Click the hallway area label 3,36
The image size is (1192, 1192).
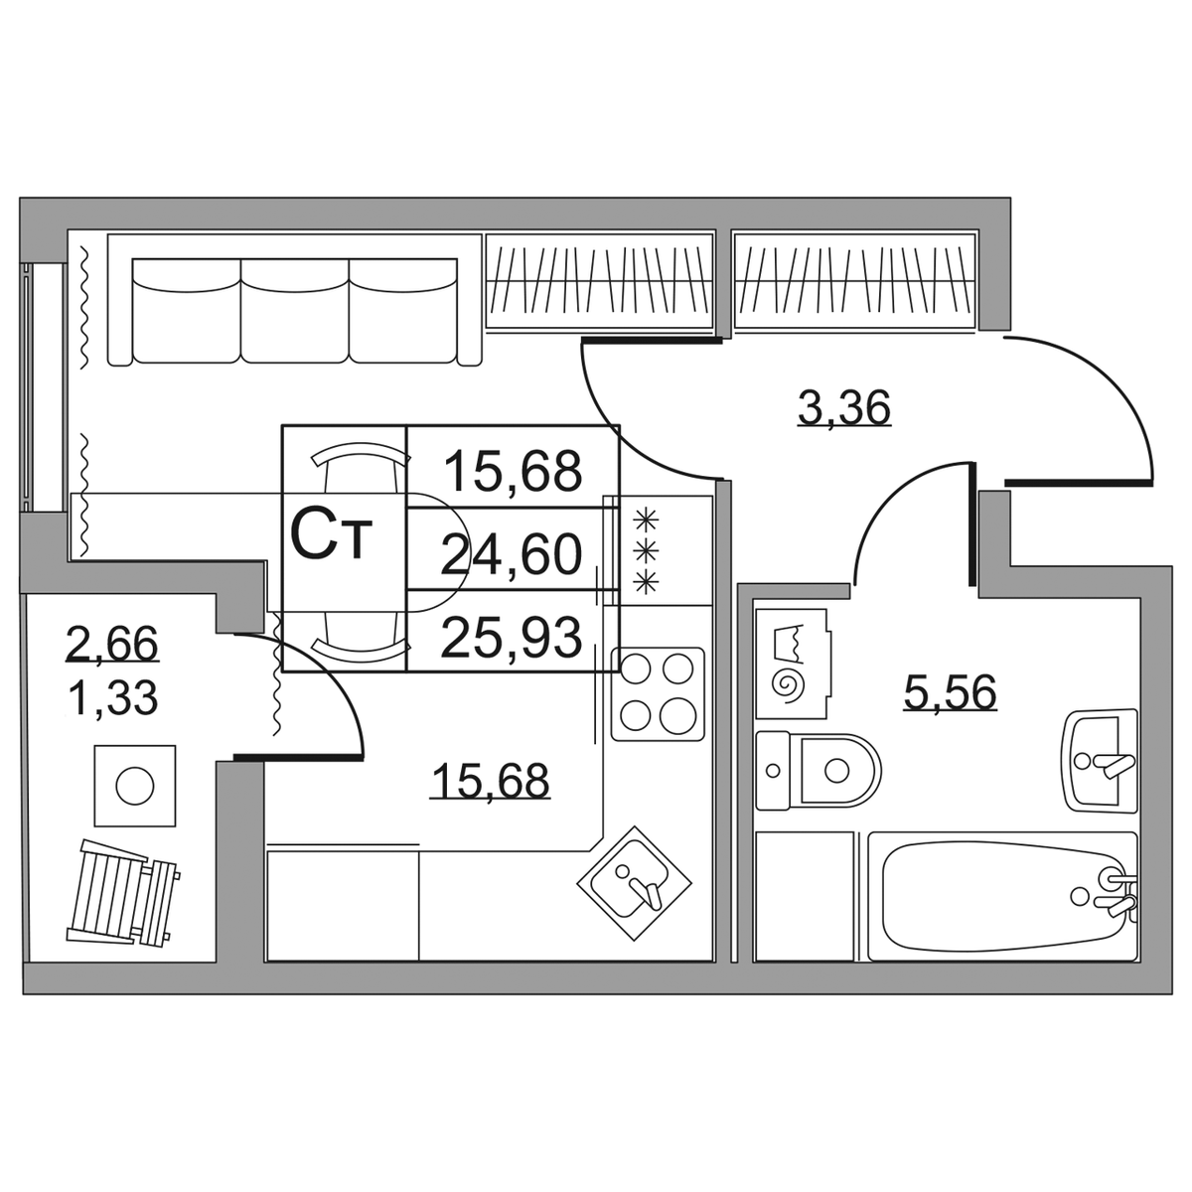pos(843,407)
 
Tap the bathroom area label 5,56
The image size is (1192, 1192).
pos(950,691)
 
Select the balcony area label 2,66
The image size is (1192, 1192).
pos(112,644)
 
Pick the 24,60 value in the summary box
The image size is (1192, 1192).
pos(513,554)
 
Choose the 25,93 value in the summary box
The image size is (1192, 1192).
pos(512,637)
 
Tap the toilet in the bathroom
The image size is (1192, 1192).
pos(819,770)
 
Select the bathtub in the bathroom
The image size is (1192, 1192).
pos(1002,896)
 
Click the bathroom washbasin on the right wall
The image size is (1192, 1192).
pos(1101,761)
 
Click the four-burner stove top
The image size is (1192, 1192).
pos(658,694)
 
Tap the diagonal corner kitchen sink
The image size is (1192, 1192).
pos(634,884)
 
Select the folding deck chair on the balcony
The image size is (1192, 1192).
pos(122,894)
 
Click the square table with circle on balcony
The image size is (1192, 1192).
pos(135,786)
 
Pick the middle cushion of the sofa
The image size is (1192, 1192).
pos(294,311)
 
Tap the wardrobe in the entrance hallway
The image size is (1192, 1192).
pos(854,280)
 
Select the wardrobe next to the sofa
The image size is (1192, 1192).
pos(599,280)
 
